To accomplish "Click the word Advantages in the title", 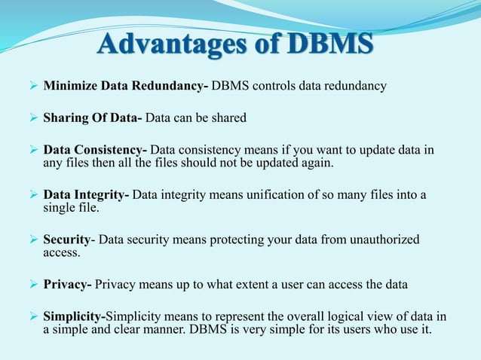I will point(170,43).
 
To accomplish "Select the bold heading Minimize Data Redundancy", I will point(125,86).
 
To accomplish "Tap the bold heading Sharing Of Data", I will point(93,117).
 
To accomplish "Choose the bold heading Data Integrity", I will point(85,196).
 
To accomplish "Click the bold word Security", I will point(66,240).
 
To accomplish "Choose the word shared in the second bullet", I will point(227,117).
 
